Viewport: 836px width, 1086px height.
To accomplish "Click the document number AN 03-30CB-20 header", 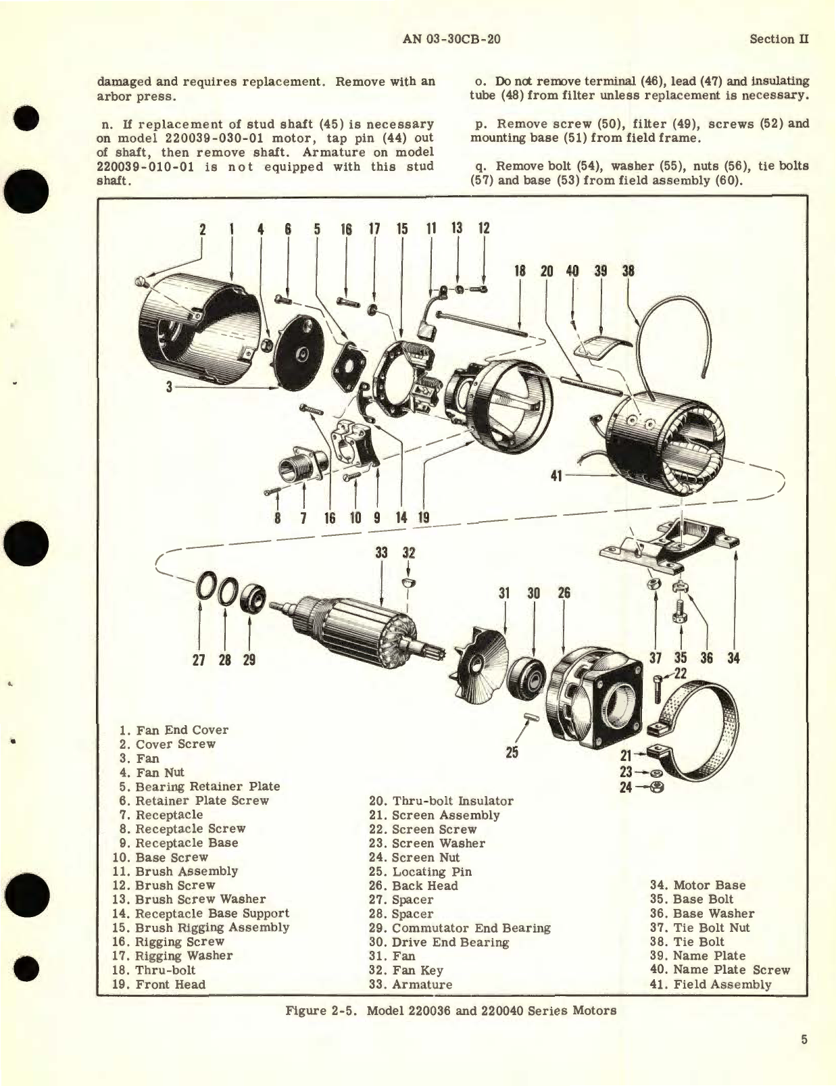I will pyautogui.click(x=451, y=39).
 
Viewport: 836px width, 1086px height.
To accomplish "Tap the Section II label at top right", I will pyautogui.click(x=779, y=39).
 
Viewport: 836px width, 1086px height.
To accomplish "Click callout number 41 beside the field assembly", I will pyautogui.click(x=556, y=476).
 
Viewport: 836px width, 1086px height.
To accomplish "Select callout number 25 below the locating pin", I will pyautogui.click(x=512, y=751).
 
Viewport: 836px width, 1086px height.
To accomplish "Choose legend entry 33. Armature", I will pyautogui.click(x=410, y=984).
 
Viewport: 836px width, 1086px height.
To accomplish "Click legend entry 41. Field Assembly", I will pyautogui.click(x=710, y=984).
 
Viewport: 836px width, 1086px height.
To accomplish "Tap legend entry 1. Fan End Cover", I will pyautogui.click(x=173, y=730).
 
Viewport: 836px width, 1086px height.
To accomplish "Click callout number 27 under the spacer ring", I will pyautogui.click(x=199, y=660).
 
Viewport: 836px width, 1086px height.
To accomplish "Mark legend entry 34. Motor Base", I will pyautogui.click(x=697, y=885).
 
